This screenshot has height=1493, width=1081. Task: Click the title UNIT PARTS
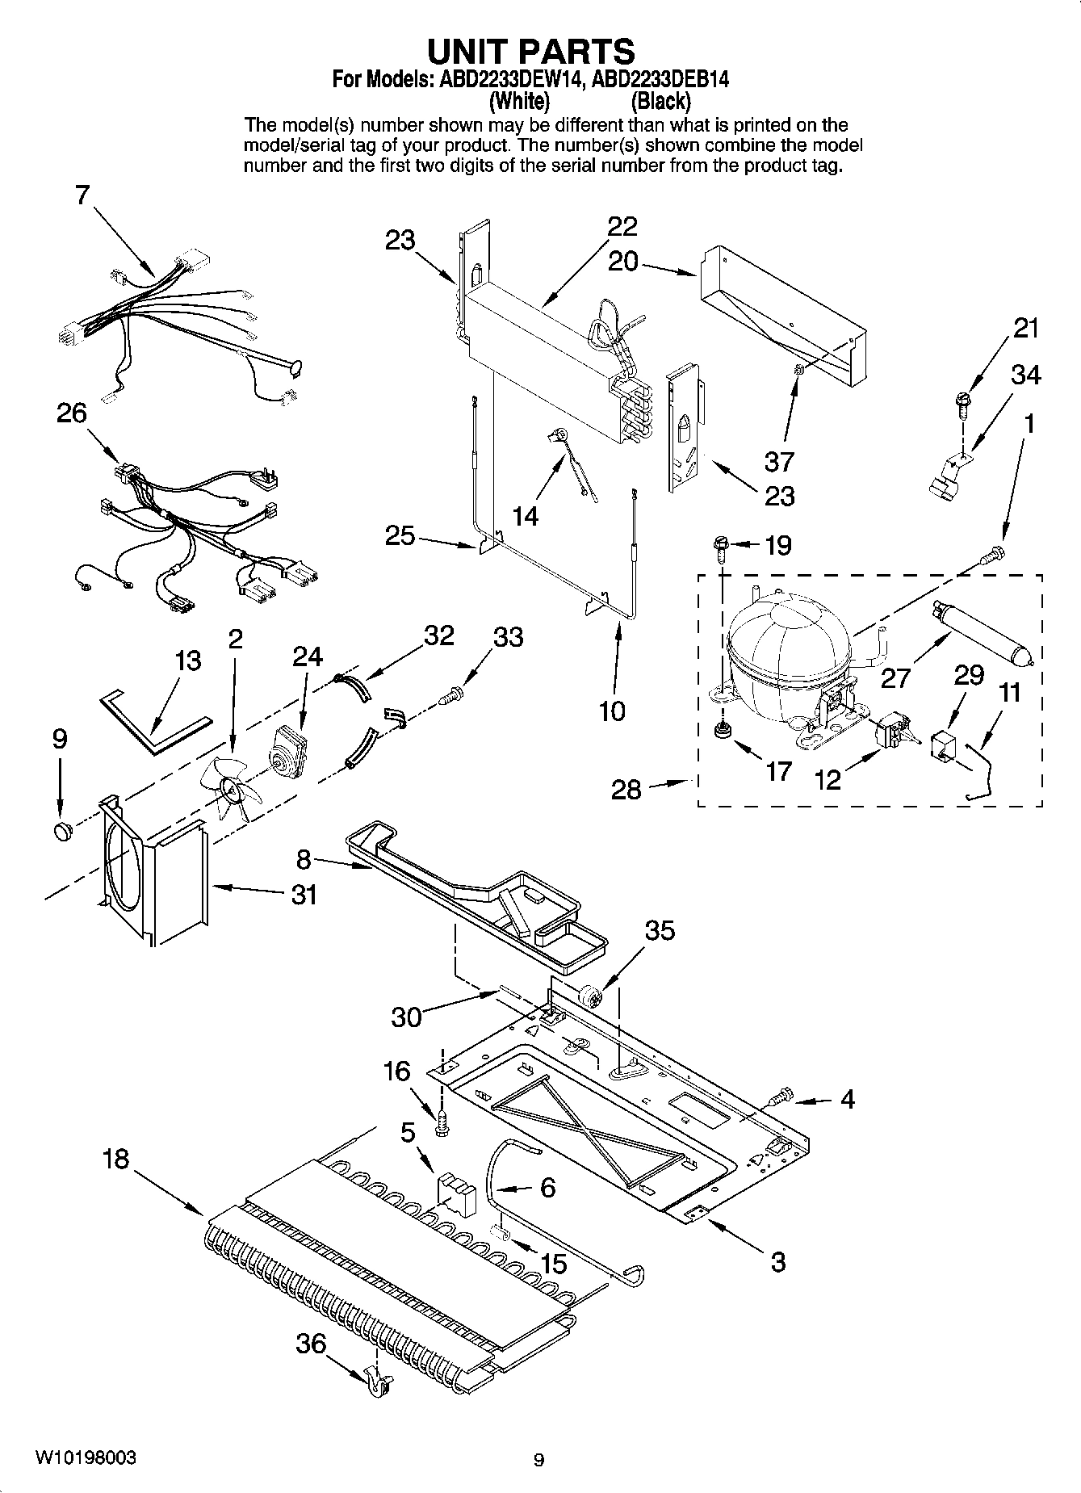tap(530, 51)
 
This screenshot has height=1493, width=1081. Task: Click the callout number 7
tap(82, 195)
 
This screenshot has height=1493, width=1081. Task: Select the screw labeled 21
tap(963, 401)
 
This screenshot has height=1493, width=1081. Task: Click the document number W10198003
tap(85, 1458)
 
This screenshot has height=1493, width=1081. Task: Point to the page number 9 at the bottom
tap(538, 1459)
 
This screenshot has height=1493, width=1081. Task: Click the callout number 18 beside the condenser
tap(115, 1160)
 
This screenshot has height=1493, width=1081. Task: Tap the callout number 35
tap(660, 930)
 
